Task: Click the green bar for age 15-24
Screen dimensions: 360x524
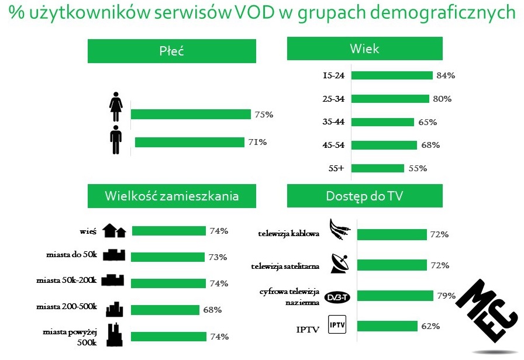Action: click(x=392, y=75)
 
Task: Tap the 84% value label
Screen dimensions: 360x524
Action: click(x=446, y=75)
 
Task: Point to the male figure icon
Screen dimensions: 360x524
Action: click(x=115, y=140)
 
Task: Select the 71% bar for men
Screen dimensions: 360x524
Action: click(x=189, y=142)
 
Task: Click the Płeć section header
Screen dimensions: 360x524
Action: click(x=172, y=51)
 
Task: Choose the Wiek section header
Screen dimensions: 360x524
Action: click(x=364, y=49)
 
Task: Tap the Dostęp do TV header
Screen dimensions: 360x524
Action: click(x=364, y=196)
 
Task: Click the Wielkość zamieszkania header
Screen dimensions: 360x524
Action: click(x=172, y=196)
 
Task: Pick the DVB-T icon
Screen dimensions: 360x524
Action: click(x=337, y=296)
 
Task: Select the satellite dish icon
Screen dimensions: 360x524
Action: click(x=340, y=264)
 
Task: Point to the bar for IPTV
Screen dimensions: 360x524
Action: click(x=387, y=326)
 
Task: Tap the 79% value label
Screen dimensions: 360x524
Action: click(x=446, y=296)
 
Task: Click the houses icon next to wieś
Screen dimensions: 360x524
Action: click(x=114, y=231)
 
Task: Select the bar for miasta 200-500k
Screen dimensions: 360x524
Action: click(x=166, y=310)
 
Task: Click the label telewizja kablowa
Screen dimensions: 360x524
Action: click(x=289, y=234)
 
